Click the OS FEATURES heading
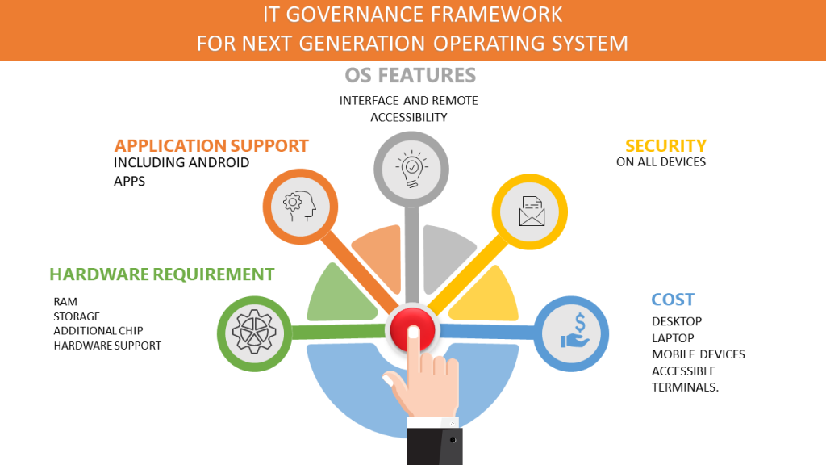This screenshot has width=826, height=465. click(411, 75)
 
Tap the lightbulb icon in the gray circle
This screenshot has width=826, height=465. click(411, 169)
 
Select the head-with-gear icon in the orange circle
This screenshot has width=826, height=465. click(299, 206)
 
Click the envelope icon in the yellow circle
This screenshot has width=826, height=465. click(532, 211)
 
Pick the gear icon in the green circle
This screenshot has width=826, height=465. click(254, 332)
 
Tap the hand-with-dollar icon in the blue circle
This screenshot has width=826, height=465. click(576, 331)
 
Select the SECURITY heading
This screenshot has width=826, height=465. click(665, 145)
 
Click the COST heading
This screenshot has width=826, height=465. click(673, 300)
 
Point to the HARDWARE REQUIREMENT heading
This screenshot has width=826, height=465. click(161, 274)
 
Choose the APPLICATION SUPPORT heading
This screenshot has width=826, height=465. click(211, 145)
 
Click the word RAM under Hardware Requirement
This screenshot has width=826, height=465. click(65, 302)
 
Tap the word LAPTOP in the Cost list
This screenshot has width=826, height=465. click(673, 338)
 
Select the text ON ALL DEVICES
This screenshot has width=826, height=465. click(661, 162)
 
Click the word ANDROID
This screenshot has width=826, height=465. click(219, 162)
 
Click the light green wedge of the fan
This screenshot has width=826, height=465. click(340, 295)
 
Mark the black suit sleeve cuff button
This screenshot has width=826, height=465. click(453, 440)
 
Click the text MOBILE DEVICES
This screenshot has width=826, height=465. click(699, 354)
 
